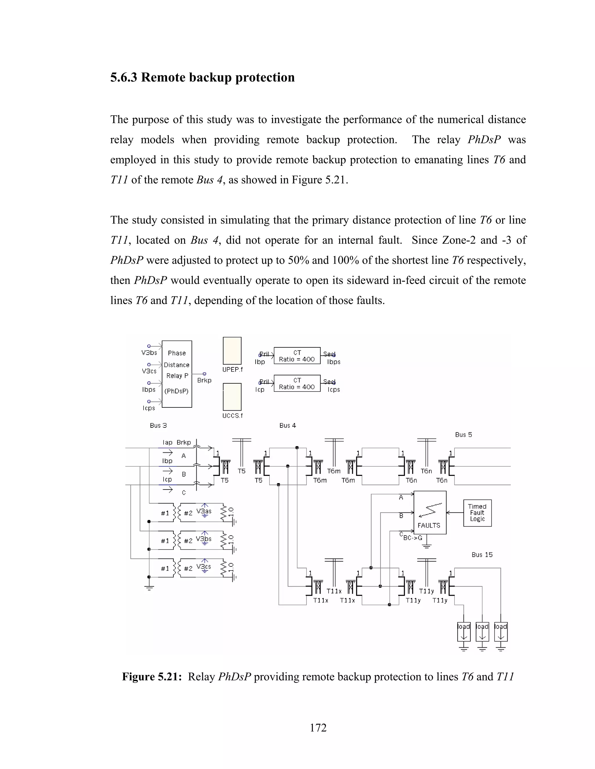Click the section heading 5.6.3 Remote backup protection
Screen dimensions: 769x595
coord(202,77)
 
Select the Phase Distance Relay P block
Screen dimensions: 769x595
coord(177,374)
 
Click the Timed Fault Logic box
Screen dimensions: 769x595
coord(477,513)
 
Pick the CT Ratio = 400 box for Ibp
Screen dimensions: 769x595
coord(297,356)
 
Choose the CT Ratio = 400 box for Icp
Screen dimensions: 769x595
coord(297,383)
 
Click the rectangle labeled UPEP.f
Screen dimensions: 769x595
coord(232,351)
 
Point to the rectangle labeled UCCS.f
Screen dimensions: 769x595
coord(232,397)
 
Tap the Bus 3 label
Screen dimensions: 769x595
coord(158,425)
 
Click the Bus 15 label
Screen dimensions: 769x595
coord(482,555)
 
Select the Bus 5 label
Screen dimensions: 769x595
coord(463,434)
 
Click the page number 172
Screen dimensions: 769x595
coord(318,728)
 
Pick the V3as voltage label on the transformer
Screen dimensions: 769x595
coord(204,511)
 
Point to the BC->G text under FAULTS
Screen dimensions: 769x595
coord(413,538)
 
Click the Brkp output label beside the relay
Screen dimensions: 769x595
coord(204,380)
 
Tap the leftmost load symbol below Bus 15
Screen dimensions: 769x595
coord(463,632)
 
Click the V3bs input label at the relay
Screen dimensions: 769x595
coord(149,353)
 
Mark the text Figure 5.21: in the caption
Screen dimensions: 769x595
coord(152,677)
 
